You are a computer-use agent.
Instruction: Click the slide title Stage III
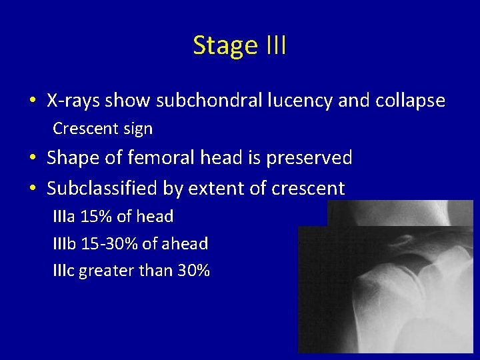(x=239, y=45)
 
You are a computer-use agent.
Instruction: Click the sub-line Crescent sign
(x=103, y=129)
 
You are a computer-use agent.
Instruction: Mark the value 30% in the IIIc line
(x=193, y=271)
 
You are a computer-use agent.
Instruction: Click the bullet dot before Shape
(x=33, y=159)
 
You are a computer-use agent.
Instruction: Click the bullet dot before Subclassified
(x=33, y=189)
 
